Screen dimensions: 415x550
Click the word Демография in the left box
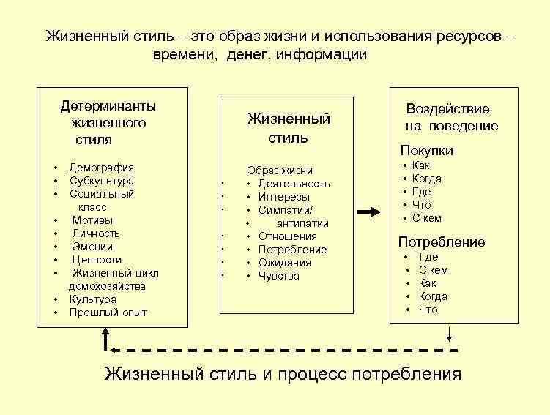(102, 168)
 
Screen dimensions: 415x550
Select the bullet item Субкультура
(102, 181)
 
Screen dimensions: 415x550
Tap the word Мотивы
(92, 220)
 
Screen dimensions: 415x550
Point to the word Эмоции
(92, 247)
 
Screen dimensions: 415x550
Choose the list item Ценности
(96, 260)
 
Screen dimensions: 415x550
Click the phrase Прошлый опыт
(108, 313)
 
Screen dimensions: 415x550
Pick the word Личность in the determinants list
(96, 233)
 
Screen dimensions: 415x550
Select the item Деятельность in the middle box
(294, 184)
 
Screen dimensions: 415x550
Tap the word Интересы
(283, 197)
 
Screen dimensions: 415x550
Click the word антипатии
(302, 223)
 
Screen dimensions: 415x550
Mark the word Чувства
(278, 276)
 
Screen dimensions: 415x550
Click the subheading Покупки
(426, 151)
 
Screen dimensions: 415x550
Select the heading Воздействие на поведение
(451, 117)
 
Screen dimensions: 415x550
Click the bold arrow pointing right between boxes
(371, 212)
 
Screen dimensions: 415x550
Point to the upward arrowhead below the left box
(107, 335)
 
